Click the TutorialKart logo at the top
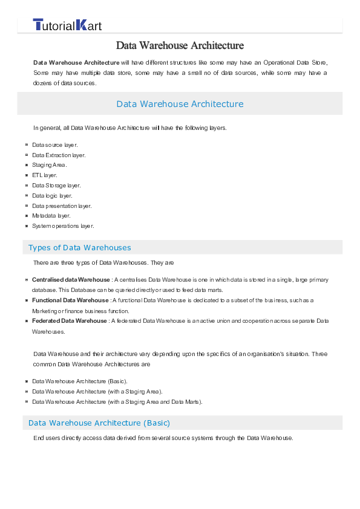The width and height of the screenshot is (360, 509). tap(67, 25)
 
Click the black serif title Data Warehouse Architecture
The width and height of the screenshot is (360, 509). tap(180, 45)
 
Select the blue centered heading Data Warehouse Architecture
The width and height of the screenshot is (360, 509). tap(180, 104)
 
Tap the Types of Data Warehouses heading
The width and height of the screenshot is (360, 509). tap(79, 247)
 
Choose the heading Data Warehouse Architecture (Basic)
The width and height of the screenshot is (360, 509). tap(99, 423)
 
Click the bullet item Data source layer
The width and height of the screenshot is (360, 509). tap(54, 145)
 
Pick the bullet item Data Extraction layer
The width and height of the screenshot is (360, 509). tap(59, 155)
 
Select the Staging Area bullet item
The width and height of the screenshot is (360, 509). tap(49, 165)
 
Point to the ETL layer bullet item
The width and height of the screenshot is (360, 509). tap(44, 175)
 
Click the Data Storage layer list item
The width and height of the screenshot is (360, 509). tap(56, 186)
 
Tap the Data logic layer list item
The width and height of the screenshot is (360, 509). tap(52, 196)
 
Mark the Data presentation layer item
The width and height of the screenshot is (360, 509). tap(62, 206)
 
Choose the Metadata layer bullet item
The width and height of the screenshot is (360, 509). tap(51, 216)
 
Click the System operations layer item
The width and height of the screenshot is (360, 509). tap(63, 226)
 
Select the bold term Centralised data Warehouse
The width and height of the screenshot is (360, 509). tap(71, 280)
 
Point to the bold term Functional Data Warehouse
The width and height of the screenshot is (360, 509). tap(70, 300)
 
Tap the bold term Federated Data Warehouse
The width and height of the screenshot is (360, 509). tap(69, 321)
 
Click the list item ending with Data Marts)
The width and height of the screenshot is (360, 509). tap(117, 402)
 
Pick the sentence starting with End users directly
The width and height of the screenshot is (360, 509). tap(163, 438)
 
